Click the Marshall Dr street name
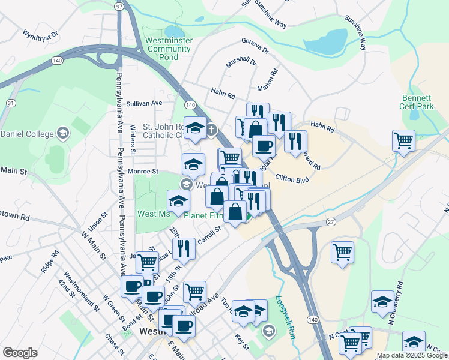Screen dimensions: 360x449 241,62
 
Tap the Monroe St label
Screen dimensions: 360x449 143,171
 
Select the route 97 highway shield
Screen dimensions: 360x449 119,6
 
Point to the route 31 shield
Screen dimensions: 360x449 11,103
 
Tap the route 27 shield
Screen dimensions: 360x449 331,221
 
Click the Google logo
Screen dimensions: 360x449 20,353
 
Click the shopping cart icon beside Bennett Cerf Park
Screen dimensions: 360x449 404,140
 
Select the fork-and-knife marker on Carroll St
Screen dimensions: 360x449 184,248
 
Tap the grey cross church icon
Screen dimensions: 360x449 212,129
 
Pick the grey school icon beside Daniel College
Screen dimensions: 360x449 62,133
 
